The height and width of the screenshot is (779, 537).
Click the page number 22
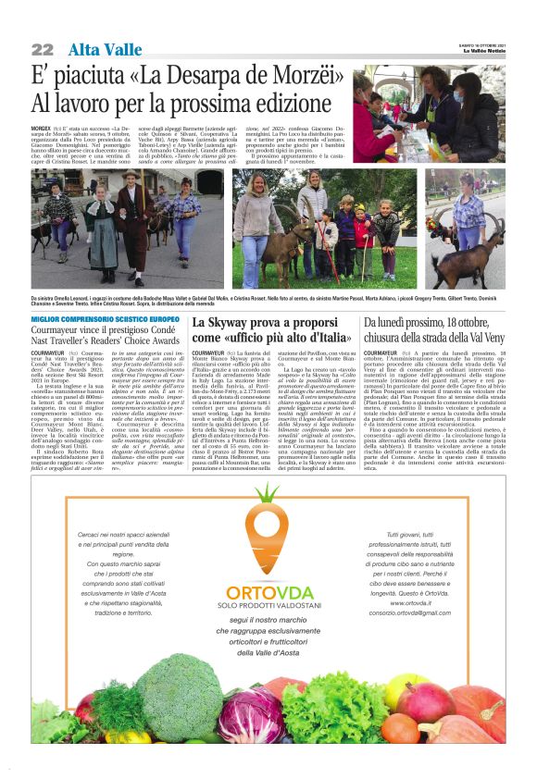tap(43, 49)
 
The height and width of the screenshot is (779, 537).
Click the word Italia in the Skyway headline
tap(326, 337)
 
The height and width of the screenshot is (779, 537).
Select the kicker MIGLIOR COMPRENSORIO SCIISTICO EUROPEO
tap(105, 319)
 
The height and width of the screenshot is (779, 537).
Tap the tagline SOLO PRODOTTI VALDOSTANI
tap(268, 580)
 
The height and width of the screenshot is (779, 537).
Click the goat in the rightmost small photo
tap(478, 255)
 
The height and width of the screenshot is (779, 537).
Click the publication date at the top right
tap(481, 44)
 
